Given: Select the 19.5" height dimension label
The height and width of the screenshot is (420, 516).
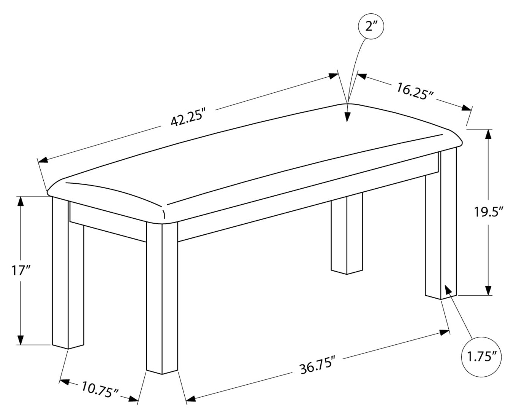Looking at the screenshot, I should click(x=489, y=212).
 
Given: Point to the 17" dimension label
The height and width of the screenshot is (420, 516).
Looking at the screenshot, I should click(x=21, y=270).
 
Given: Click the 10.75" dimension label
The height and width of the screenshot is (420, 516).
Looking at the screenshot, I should click(x=100, y=390).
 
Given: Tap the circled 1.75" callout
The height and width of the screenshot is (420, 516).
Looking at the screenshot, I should click(x=481, y=356).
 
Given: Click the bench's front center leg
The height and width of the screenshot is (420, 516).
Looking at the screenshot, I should click(x=162, y=297).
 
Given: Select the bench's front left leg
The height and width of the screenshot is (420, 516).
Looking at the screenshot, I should click(x=68, y=274).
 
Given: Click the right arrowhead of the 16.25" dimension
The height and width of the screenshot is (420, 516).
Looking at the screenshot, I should click(x=466, y=108).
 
